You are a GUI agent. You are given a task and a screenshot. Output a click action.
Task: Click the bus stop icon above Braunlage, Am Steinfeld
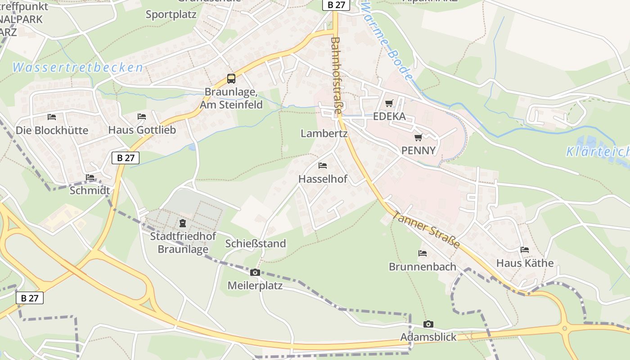pos(231,79)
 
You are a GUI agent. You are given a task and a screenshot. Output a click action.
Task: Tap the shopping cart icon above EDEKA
pos(389,103)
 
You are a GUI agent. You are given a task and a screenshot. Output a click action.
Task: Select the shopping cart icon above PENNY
pos(418,137)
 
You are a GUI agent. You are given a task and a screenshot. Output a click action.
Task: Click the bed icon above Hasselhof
pos(323,166)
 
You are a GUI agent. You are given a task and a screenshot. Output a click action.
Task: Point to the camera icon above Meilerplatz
pos(255,272)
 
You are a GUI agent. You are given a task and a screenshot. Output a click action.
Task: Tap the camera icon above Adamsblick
pos(428,324)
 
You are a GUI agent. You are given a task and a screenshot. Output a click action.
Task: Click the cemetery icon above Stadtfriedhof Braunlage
pos(183,223)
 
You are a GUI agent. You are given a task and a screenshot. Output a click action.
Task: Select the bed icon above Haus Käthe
pos(525,250)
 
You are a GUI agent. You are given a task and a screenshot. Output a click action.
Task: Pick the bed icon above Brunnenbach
pos(423,253)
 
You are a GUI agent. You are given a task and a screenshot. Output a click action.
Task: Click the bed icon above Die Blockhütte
pos(52,117)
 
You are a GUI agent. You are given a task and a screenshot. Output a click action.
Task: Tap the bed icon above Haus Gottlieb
pos(142,117)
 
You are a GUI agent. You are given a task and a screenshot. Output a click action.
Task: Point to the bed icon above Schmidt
pos(90,177)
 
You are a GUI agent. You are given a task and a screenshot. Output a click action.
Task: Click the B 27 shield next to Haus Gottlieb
pos(126,158)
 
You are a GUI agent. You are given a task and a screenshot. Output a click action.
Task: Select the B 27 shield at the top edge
pos(336,5)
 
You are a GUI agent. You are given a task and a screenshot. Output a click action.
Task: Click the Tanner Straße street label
pos(426,229)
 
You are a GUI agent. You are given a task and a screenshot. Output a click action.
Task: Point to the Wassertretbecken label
pos(78,68)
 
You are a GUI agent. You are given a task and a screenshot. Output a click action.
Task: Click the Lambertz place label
pos(324,134)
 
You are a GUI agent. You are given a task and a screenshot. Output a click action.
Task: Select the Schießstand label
pos(256,244)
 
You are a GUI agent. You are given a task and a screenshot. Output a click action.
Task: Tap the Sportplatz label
pos(171,14)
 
